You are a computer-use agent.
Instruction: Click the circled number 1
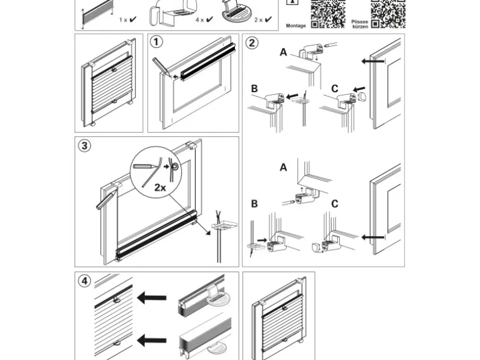(x=156, y=42)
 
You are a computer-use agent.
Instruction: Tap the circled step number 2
(x=251, y=42)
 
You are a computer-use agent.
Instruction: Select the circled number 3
(x=84, y=146)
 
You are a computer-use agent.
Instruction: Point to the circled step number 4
(x=84, y=281)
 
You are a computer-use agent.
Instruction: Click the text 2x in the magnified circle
(x=160, y=187)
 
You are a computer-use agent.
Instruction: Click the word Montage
(x=295, y=26)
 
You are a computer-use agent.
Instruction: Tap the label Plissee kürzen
(x=360, y=24)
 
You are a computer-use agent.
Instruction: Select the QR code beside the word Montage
(x=328, y=14)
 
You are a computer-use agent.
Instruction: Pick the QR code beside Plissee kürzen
(x=388, y=14)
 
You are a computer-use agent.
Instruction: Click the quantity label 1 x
(x=123, y=20)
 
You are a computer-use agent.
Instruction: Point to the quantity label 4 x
(x=200, y=20)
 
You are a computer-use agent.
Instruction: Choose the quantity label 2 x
(x=259, y=20)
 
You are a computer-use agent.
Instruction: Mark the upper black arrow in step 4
(x=151, y=298)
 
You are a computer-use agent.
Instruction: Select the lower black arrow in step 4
(x=151, y=340)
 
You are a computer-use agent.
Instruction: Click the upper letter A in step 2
(x=283, y=52)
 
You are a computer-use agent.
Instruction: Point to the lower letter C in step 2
(x=335, y=204)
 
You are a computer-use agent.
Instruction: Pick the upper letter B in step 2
(x=254, y=88)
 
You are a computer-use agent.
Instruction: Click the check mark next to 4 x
(x=209, y=20)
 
